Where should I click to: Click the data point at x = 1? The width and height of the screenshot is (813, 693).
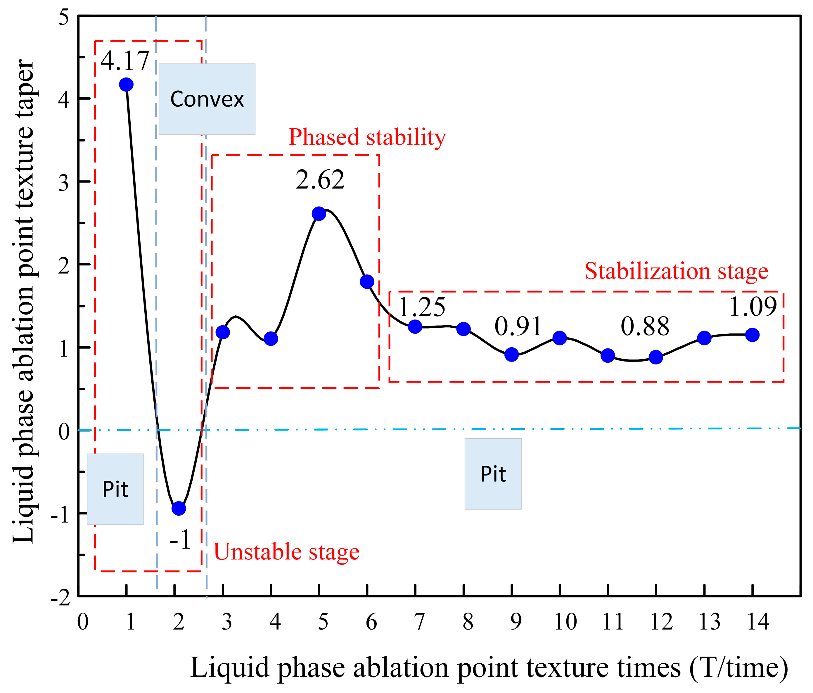coord(126,84)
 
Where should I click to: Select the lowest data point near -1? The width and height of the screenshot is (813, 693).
coord(179,509)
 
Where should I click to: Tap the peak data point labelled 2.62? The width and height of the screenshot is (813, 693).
coord(319,214)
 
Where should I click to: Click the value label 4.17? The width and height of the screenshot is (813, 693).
coord(125,61)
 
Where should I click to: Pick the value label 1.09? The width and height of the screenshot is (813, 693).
coord(753,307)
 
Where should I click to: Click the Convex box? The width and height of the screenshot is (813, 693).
coord(207,99)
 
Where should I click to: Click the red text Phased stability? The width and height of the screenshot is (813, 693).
coord(367,137)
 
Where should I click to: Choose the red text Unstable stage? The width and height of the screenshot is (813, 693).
coord(286,552)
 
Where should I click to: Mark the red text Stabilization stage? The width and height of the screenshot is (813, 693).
coord(676,271)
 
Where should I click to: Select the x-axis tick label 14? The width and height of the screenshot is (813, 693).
coord(758,622)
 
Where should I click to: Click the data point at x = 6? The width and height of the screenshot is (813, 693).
coord(367,281)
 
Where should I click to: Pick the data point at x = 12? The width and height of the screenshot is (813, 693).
coord(656,357)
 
